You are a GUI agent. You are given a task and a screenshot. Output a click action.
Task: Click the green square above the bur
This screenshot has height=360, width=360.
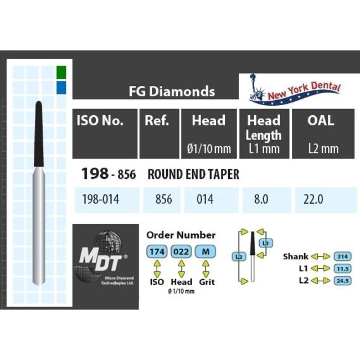[61, 72]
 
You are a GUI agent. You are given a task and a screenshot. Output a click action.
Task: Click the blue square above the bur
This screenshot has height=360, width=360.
[61, 88]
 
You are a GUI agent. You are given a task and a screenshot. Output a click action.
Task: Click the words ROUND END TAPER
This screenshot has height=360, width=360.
[193, 174]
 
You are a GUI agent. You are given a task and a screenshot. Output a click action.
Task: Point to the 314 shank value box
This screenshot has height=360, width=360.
[342, 256]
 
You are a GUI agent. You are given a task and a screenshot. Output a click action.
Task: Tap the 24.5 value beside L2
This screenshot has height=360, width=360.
[342, 281]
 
